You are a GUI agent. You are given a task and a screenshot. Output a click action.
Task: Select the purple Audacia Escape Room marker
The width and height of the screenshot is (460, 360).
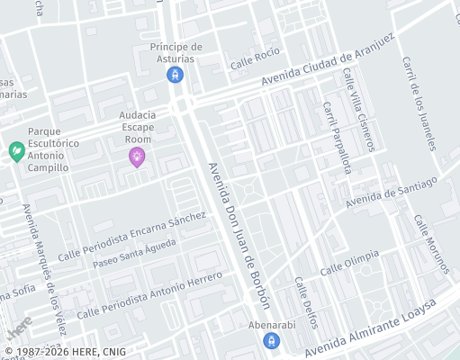point(137,158)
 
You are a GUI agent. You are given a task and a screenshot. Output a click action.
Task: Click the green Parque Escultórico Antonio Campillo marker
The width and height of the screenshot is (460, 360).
point(15,150)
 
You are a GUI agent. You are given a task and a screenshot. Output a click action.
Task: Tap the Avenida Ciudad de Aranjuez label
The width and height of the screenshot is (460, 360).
point(329,62)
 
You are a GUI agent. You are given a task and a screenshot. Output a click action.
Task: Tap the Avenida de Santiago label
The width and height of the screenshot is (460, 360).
point(391,191)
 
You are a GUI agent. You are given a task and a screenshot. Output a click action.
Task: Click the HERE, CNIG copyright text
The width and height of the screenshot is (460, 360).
point(65,352)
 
